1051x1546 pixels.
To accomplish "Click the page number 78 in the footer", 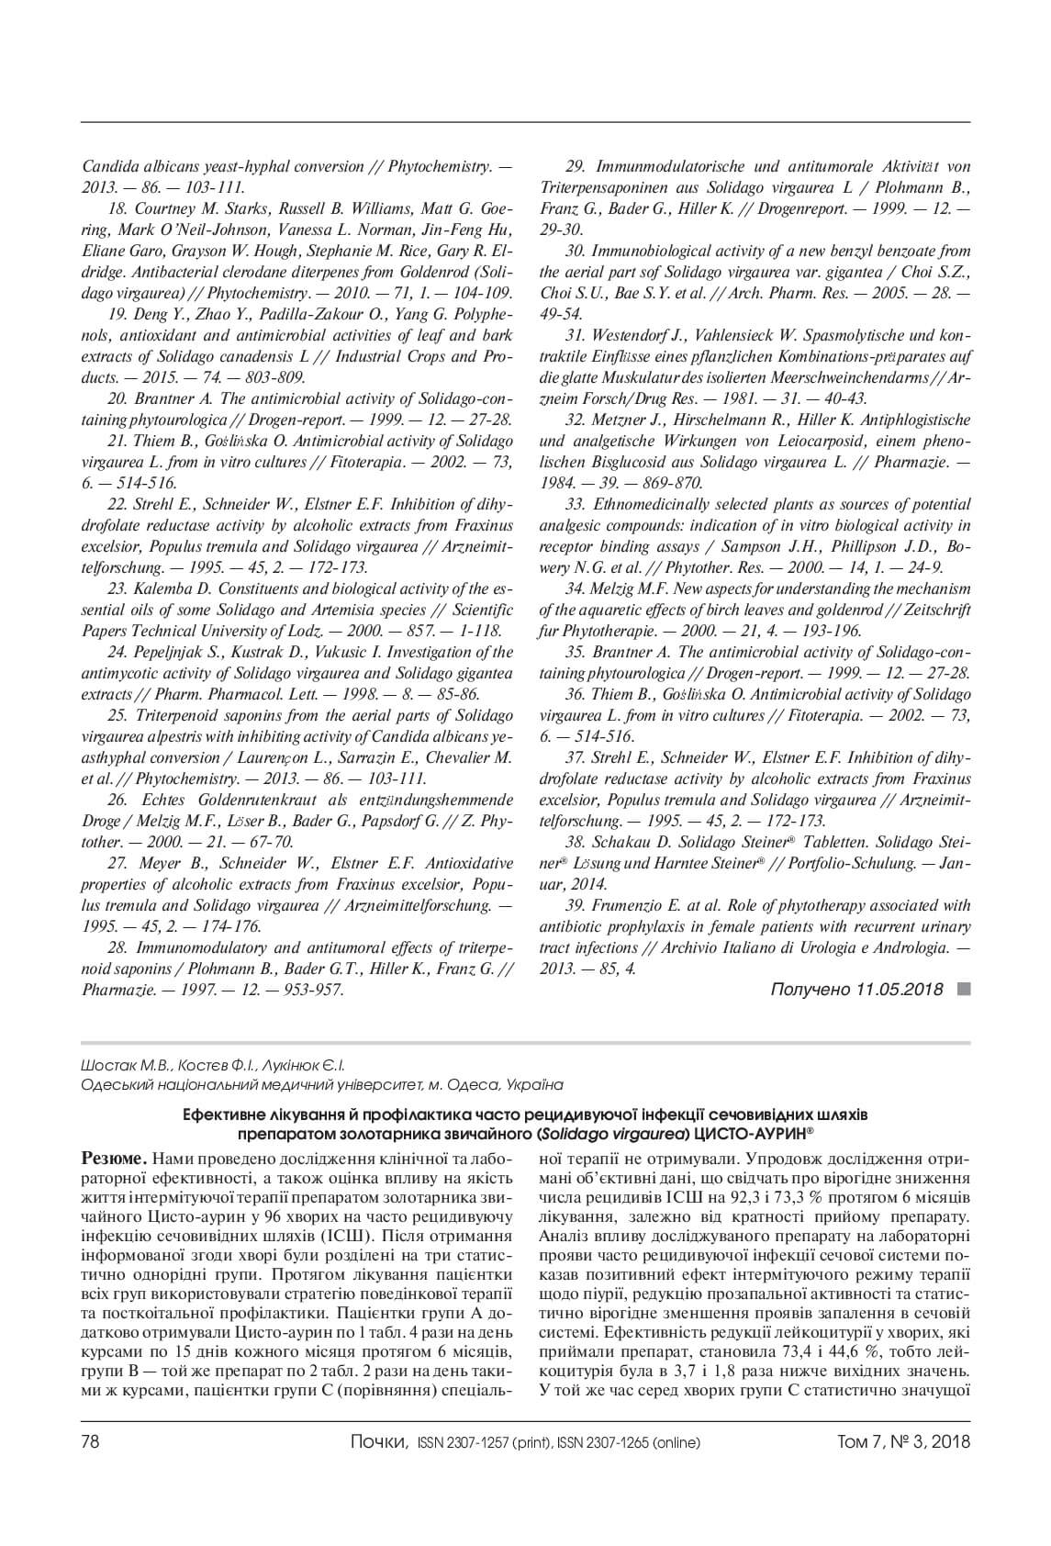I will (x=91, y=1441).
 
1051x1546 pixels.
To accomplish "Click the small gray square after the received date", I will (x=963, y=989).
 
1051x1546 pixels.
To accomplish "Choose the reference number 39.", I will (x=576, y=905).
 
